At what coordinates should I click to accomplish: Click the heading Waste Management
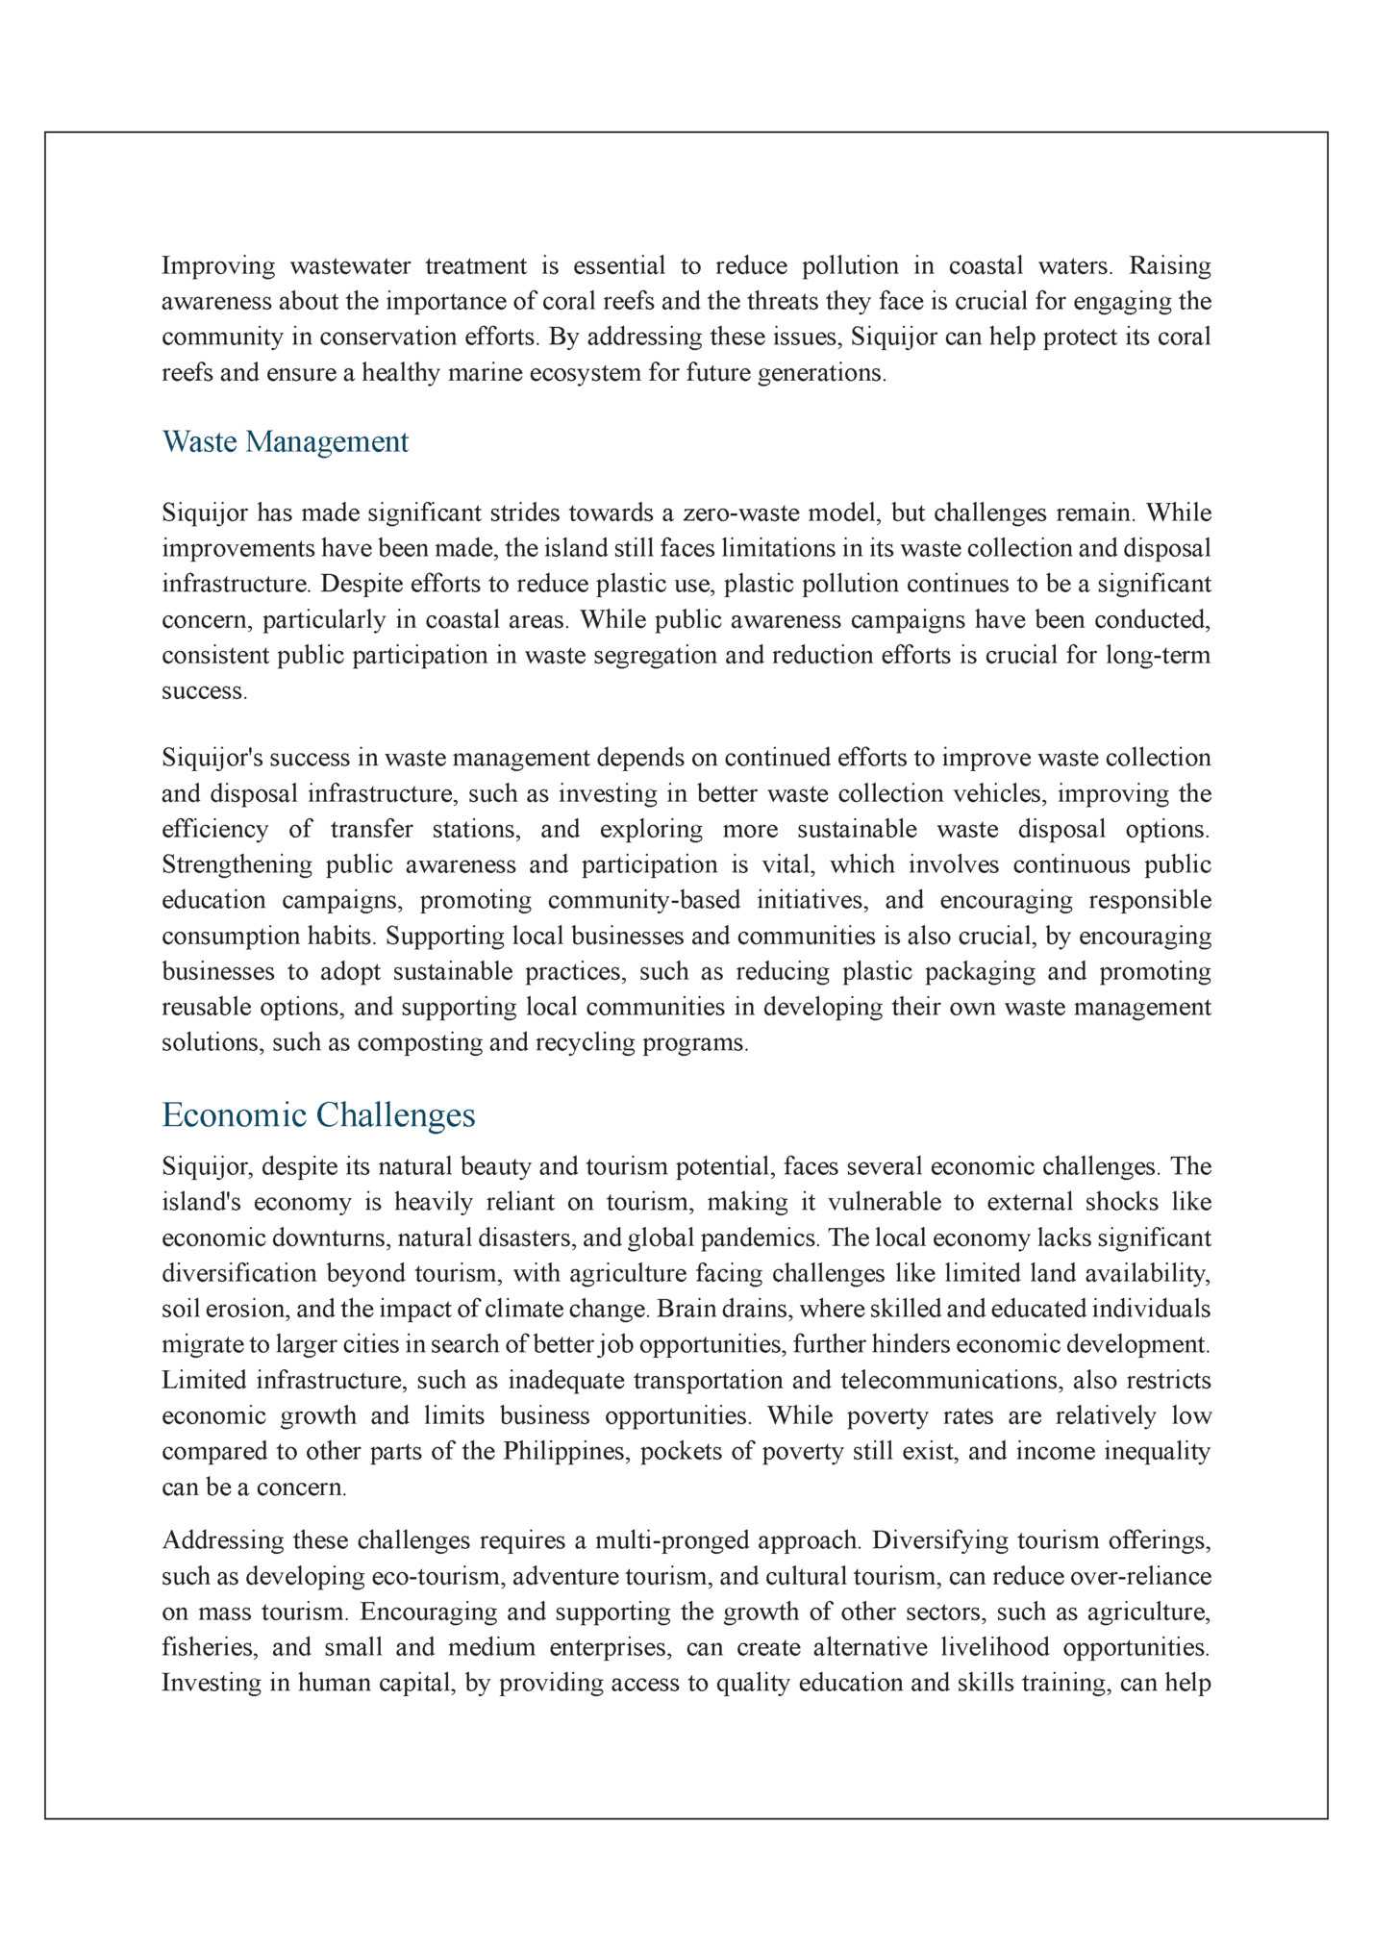[x=286, y=442]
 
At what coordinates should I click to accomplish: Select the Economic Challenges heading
[x=318, y=1115]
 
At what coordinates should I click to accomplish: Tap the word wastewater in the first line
[x=350, y=265]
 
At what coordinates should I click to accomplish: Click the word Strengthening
[x=237, y=865]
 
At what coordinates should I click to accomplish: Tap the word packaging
[x=980, y=972]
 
